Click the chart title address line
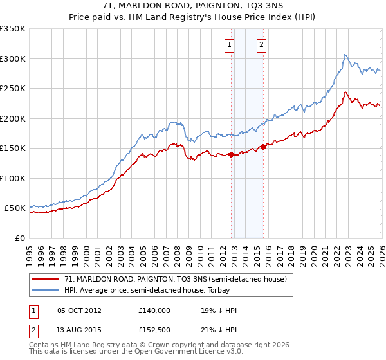(x=192, y=6)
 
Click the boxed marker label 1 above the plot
(x=230, y=45)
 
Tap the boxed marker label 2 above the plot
(x=262, y=45)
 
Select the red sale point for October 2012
(x=231, y=154)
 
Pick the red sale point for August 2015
(x=263, y=147)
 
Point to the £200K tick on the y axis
(x=13, y=118)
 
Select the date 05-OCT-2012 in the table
(x=79, y=310)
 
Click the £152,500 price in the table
(x=154, y=330)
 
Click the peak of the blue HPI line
(x=345, y=55)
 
